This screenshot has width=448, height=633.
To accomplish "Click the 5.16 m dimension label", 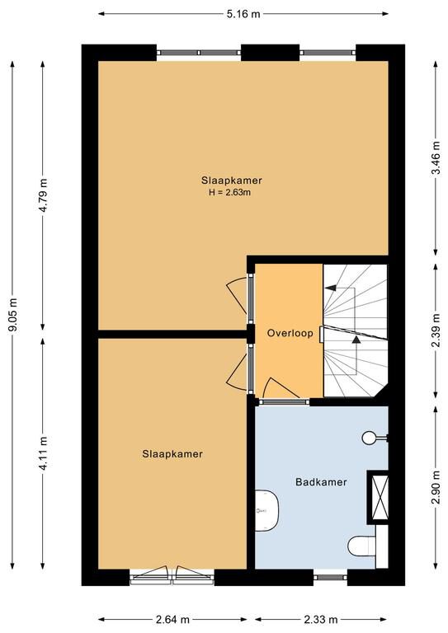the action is [x=243, y=14].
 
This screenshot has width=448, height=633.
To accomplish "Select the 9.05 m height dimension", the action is [x=13, y=315].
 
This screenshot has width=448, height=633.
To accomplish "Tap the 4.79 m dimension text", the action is [x=44, y=195].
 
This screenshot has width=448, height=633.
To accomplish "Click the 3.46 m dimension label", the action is [x=436, y=158].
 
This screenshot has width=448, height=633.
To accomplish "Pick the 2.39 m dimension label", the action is [x=436, y=331].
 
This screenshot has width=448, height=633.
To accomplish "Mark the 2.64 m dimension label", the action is [x=173, y=619].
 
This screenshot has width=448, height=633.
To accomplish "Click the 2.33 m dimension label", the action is [x=321, y=619].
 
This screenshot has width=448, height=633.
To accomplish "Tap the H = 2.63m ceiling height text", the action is [x=230, y=192].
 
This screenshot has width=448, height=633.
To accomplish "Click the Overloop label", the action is [x=290, y=333].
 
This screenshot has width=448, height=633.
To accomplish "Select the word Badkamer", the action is [x=321, y=481].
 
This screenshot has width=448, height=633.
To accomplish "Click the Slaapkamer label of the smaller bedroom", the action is [x=172, y=454].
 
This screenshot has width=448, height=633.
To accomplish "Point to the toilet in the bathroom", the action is [x=362, y=546].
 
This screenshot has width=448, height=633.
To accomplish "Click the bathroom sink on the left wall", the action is [x=267, y=510].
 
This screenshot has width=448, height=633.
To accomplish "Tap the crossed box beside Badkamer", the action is [x=380, y=497].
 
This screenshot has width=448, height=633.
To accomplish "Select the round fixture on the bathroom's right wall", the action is [x=369, y=438].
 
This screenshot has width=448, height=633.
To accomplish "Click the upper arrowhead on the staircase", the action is [x=331, y=288].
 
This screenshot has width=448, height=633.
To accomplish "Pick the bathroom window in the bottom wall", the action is [x=330, y=577].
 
